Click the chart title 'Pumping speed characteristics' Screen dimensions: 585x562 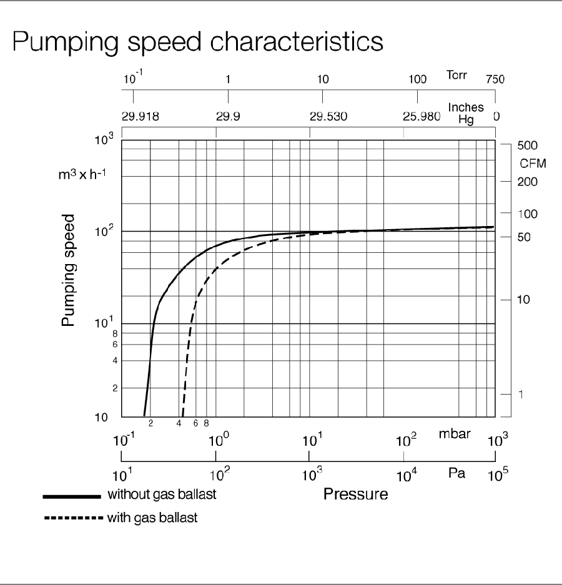click(x=197, y=42)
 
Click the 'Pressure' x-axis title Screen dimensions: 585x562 click(x=355, y=494)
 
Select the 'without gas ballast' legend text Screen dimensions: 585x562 click(x=162, y=495)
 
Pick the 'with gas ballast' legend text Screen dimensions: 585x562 click(x=152, y=518)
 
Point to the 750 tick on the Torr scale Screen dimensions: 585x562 click(x=495, y=79)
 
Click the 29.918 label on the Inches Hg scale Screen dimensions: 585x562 click(x=140, y=116)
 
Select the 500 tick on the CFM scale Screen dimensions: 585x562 click(x=528, y=145)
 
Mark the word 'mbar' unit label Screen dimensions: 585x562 click(x=454, y=434)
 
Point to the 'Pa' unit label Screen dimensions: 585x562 click(x=457, y=474)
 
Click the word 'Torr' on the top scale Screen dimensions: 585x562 click(x=457, y=76)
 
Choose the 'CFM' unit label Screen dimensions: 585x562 click(x=533, y=164)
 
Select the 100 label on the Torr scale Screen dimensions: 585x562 click(x=418, y=79)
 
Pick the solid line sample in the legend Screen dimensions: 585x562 click(x=71, y=496)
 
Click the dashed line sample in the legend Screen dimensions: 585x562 click(x=71, y=518)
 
